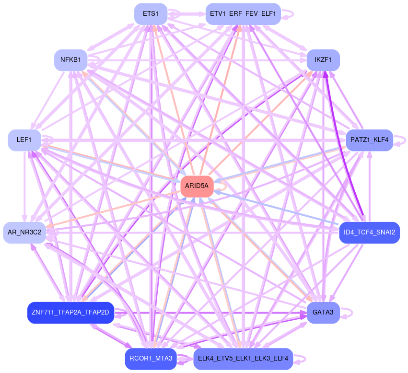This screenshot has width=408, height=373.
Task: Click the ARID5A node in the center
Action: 197,186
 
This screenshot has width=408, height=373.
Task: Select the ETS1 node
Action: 151,13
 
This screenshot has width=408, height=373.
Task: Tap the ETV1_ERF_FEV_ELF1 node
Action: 243,13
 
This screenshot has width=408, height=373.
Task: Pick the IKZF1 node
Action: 323,60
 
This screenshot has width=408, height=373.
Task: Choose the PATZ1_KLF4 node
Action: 369,140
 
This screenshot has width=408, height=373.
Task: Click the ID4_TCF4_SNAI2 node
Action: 369,233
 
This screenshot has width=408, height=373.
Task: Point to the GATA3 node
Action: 323,313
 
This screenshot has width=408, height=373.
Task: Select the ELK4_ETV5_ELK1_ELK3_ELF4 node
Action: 243,359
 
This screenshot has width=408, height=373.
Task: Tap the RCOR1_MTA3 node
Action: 151,359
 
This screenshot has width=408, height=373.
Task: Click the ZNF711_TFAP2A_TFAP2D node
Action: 70,313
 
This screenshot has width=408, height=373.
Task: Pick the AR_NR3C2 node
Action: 24,233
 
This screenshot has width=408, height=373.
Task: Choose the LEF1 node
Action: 24,140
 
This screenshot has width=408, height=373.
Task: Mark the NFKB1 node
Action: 70,60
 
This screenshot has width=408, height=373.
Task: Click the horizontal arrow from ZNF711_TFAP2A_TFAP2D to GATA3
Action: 211,313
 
